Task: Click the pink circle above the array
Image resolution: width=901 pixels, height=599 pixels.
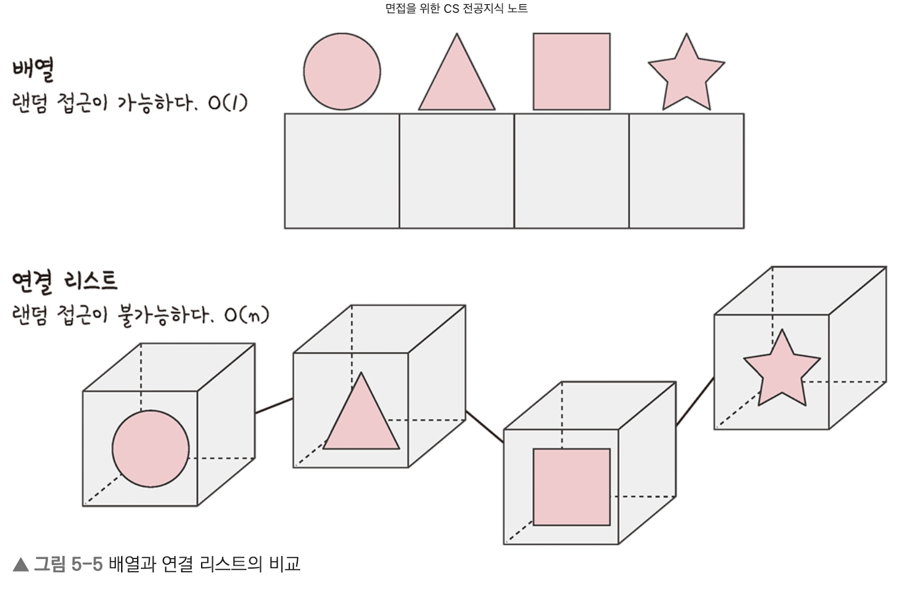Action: click(342, 72)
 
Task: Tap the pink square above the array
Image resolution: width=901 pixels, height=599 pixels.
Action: click(572, 72)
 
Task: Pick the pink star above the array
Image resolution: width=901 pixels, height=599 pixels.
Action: click(686, 75)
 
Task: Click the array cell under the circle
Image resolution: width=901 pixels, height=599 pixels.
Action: click(342, 171)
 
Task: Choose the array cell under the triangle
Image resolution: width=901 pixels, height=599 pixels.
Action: click(457, 171)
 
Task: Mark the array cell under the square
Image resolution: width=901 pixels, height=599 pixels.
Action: click(572, 171)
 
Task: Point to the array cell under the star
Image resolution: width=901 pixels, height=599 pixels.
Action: click(686, 171)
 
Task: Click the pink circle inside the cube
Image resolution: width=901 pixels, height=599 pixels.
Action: click(150, 449)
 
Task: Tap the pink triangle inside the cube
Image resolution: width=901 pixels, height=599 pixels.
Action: click(362, 421)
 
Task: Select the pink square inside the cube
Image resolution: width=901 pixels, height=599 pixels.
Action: click(572, 487)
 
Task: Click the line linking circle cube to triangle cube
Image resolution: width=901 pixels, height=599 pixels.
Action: click(274, 406)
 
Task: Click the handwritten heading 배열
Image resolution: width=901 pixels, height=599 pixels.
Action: click(33, 69)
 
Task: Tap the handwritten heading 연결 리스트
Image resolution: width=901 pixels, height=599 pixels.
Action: click(64, 281)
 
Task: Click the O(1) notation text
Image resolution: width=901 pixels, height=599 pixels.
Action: click(227, 103)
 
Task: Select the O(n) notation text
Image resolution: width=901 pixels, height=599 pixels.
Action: click(246, 314)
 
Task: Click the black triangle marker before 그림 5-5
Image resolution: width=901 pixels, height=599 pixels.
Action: click(21, 564)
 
